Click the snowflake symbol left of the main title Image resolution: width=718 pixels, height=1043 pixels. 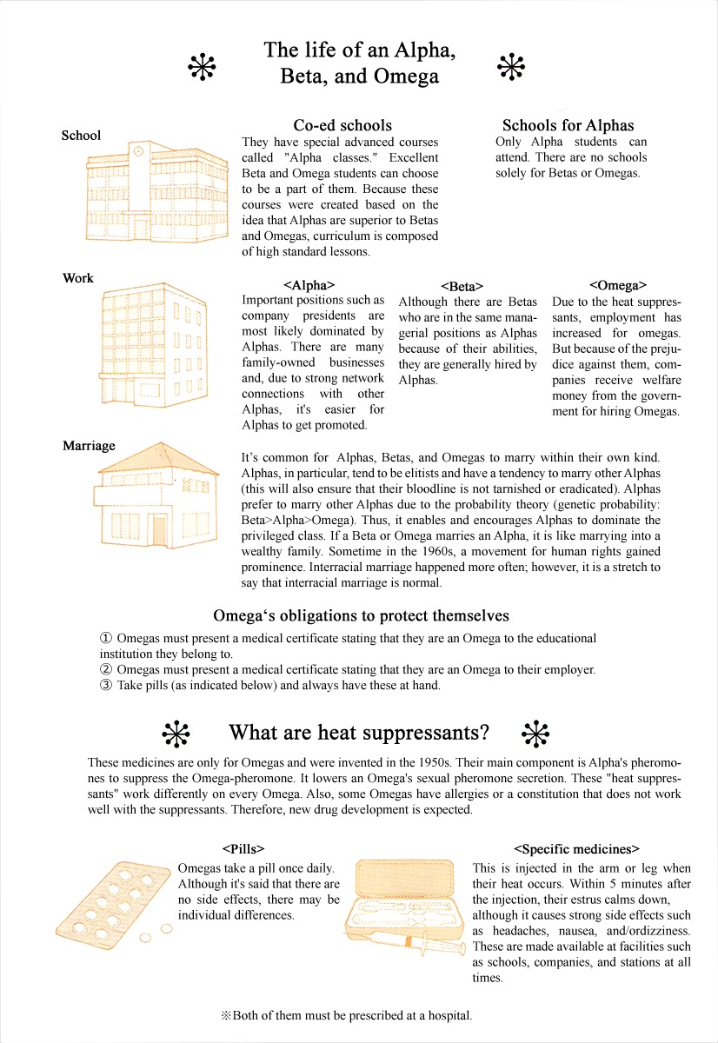click(x=202, y=65)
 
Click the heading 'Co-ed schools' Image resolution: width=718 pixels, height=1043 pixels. click(x=342, y=125)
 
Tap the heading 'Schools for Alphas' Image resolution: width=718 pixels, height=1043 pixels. click(x=568, y=125)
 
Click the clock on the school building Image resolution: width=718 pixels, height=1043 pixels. click(x=137, y=150)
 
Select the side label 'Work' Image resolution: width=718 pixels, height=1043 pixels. click(x=78, y=278)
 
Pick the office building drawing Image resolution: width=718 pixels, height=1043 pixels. click(x=154, y=344)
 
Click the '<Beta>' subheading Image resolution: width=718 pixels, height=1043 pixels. click(x=462, y=286)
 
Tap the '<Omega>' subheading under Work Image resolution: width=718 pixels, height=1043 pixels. click(x=618, y=284)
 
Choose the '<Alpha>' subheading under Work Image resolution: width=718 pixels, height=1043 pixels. click(x=309, y=284)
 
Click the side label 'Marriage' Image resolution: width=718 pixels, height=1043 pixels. click(x=89, y=446)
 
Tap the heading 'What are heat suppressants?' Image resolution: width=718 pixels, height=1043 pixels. click(x=359, y=732)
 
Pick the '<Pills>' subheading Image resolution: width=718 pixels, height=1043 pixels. click(x=243, y=848)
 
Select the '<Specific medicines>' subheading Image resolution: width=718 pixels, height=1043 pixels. click(x=576, y=848)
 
